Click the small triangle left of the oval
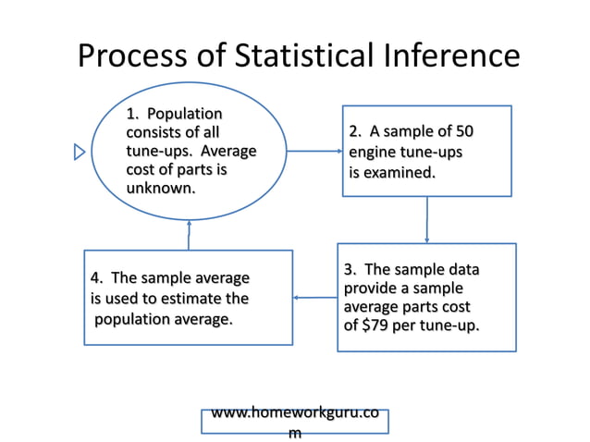[80, 152]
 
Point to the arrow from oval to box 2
[314, 151]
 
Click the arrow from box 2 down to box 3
[426, 219]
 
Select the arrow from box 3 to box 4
[314, 298]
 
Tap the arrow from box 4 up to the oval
[189, 235]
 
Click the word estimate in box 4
[192, 299]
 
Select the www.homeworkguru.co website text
[294, 413]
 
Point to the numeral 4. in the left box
[96, 278]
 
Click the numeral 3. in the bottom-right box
[350, 270]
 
